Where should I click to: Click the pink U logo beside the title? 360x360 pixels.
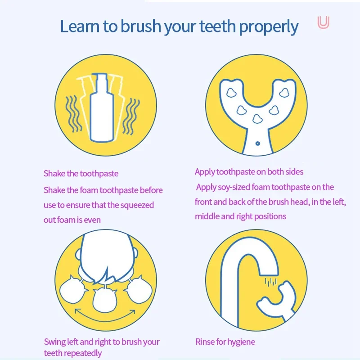click(323, 22)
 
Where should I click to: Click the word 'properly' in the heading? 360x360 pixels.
click(268, 27)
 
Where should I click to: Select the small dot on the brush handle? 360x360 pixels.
click(257, 144)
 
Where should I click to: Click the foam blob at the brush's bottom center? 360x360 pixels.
click(257, 118)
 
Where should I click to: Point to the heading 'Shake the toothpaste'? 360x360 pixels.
click(81, 174)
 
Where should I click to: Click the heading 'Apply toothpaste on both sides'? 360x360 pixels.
click(249, 172)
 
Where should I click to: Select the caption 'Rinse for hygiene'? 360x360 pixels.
click(225, 342)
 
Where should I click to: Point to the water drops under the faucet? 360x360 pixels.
click(271, 282)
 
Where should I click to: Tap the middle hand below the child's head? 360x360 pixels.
click(105, 300)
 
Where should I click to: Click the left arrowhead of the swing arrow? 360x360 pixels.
click(78, 312)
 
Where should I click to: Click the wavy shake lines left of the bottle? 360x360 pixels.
click(73, 114)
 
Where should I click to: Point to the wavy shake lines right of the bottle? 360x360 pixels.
click(131, 117)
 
